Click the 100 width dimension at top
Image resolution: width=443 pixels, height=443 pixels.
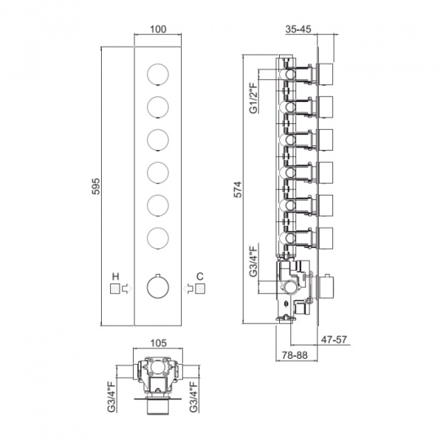pyautogui.click(x=157, y=30)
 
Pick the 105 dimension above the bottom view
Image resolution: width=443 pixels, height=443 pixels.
pyautogui.click(x=158, y=343)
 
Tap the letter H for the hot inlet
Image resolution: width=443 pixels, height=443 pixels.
pyautogui.click(x=114, y=276)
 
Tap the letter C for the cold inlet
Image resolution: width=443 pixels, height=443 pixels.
pyautogui.click(x=200, y=276)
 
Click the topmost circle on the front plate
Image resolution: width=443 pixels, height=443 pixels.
pyautogui.click(x=158, y=73)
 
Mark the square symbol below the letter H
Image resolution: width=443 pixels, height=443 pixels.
pyautogui.click(x=114, y=289)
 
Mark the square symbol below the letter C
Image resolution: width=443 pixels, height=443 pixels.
pyautogui.click(x=200, y=289)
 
